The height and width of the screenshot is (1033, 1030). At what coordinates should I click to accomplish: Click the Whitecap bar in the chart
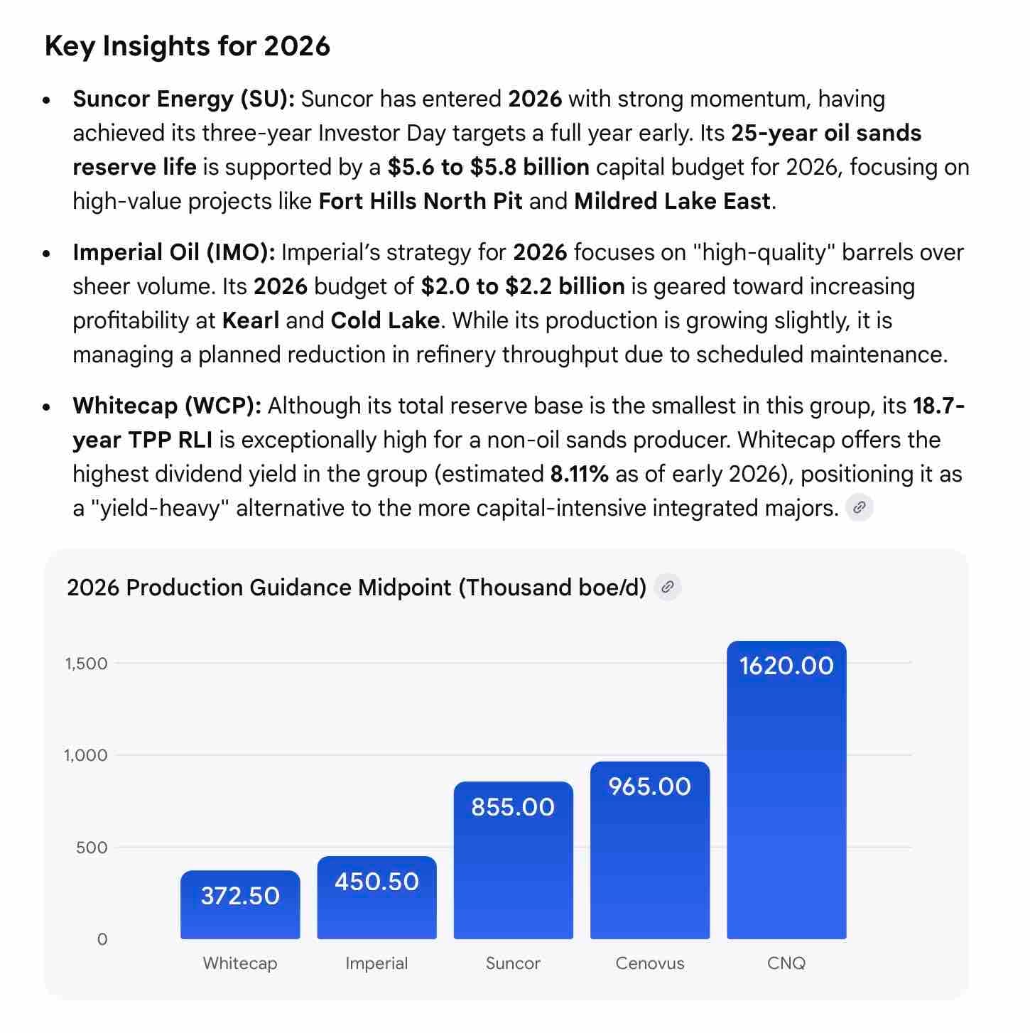coord(240,904)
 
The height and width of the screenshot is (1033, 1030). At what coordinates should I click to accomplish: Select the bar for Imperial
coord(377,897)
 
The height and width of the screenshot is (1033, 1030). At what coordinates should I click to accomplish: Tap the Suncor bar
coord(514,860)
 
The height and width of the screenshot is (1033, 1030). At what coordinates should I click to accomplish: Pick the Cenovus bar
coord(650,850)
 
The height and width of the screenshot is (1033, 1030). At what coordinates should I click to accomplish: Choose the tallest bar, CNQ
coord(786,789)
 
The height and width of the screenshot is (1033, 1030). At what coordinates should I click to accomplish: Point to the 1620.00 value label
coord(786,666)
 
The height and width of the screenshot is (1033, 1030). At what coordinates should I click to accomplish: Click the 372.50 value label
coord(240,896)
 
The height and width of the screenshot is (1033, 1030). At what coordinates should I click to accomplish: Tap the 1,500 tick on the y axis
coord(87,664)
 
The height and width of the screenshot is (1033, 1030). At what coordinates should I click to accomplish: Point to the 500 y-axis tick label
coord(92,848)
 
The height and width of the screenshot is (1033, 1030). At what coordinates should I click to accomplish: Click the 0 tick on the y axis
coord(102,939)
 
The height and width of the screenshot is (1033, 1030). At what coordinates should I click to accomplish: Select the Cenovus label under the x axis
coord(650,963)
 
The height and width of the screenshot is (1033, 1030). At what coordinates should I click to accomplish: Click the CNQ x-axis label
coord(786,963)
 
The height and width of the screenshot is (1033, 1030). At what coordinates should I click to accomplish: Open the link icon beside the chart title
coord(668,587)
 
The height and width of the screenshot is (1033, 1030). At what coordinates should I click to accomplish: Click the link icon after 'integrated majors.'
coord(860,507)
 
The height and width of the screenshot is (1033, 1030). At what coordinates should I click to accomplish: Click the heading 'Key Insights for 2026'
coord(187,46)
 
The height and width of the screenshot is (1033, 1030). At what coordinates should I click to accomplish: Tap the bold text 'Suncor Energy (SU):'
coord(184,99)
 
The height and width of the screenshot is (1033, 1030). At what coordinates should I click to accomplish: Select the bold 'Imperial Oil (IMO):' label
coord(174,253)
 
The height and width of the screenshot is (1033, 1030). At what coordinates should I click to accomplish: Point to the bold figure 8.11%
coord(580,474)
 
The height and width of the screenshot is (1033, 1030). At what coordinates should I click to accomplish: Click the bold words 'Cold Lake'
coord(386,320)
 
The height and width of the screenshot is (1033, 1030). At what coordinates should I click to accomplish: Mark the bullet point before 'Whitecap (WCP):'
coord(47,407)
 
